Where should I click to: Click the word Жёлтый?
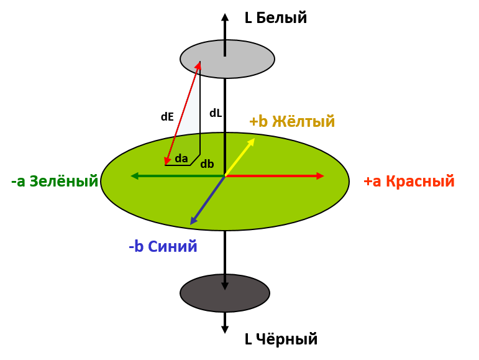(x=303, y=121)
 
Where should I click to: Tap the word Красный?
(x=420, y=182)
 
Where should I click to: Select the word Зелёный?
(x=63, y=182)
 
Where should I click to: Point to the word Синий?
(x=173, y=247)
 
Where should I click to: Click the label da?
(x=181, y=159)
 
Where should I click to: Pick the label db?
(x=207, y=165)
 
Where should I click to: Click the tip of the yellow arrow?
(x=254, y=139)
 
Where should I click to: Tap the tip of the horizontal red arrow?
(x=323, y=176)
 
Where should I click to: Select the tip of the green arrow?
(x=131, y=176)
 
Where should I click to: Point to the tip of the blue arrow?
(x=191, y=224)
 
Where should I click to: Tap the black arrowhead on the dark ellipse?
(x=225, y=286)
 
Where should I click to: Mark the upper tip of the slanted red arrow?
(x=200, y=62)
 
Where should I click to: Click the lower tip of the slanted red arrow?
(x=165, y=165)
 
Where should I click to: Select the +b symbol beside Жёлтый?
(x=258, y=121)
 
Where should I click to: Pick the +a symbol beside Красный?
(x=372, y=182)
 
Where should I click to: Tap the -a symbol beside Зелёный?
(x=18, y=182)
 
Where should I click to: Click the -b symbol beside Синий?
(x=136, y=247)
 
